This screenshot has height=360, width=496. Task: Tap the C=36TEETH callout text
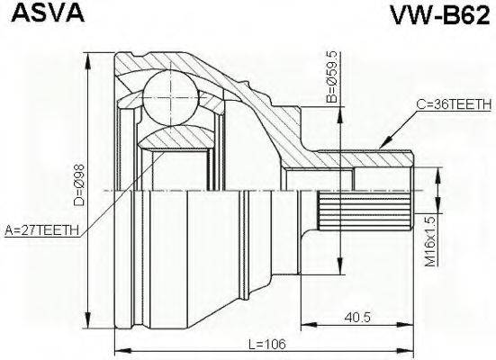point(454,105)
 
